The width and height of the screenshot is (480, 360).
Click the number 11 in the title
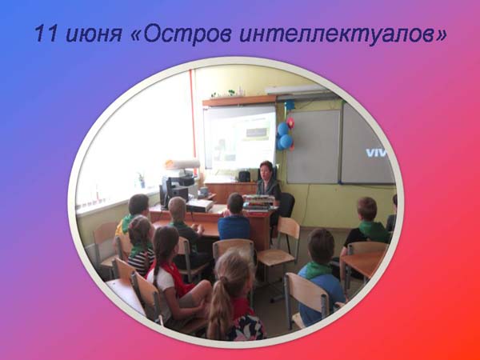[46, 33]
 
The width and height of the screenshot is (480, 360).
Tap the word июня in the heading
[94, 34]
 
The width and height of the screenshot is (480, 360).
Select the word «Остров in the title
[181, 33]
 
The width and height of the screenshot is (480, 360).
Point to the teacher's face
[265, 172]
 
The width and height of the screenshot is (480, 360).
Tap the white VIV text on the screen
[377, 153]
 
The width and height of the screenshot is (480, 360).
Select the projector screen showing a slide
[240, 137]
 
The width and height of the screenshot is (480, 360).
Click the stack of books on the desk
[259, 202]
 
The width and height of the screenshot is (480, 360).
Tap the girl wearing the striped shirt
[140, 245]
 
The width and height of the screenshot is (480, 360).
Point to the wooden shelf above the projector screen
[239, 101]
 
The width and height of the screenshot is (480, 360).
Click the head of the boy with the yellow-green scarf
[138, 205]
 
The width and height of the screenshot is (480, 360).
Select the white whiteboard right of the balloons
[314, 146]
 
